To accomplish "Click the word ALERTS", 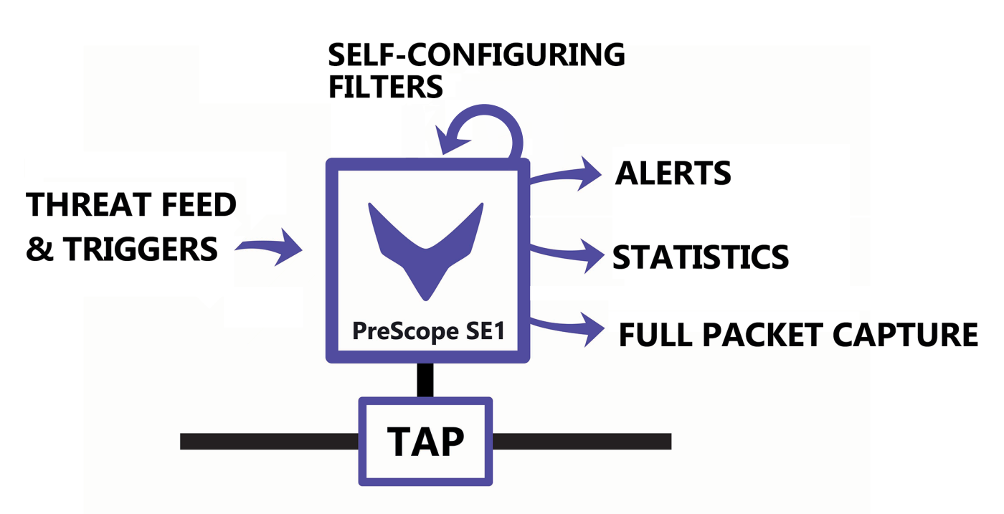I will click(x=673, y=173).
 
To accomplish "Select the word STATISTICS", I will click(x=700, y=257).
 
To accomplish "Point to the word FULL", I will click(x=655, y=335).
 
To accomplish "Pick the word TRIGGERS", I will click(x=141, y=249).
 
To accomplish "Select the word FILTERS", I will click(x=385, y=87).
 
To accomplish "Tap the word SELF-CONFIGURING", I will click(x=476, y=55).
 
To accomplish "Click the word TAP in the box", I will click(x=426, y=442).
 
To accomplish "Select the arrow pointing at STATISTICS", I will click(x=570, y=254).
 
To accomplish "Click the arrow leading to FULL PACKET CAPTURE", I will click(x=570, y=326).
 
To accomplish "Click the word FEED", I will click(x=198, y=206).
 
